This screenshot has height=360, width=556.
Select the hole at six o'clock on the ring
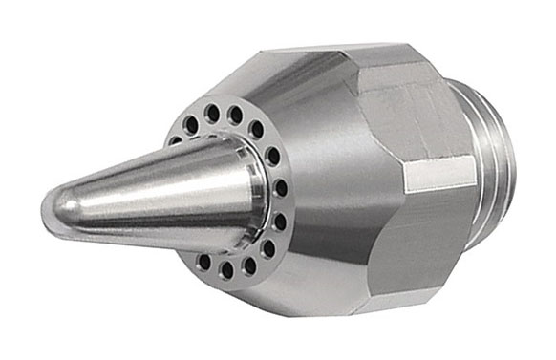(229, 268)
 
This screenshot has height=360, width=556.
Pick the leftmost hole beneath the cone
(204, 260)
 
